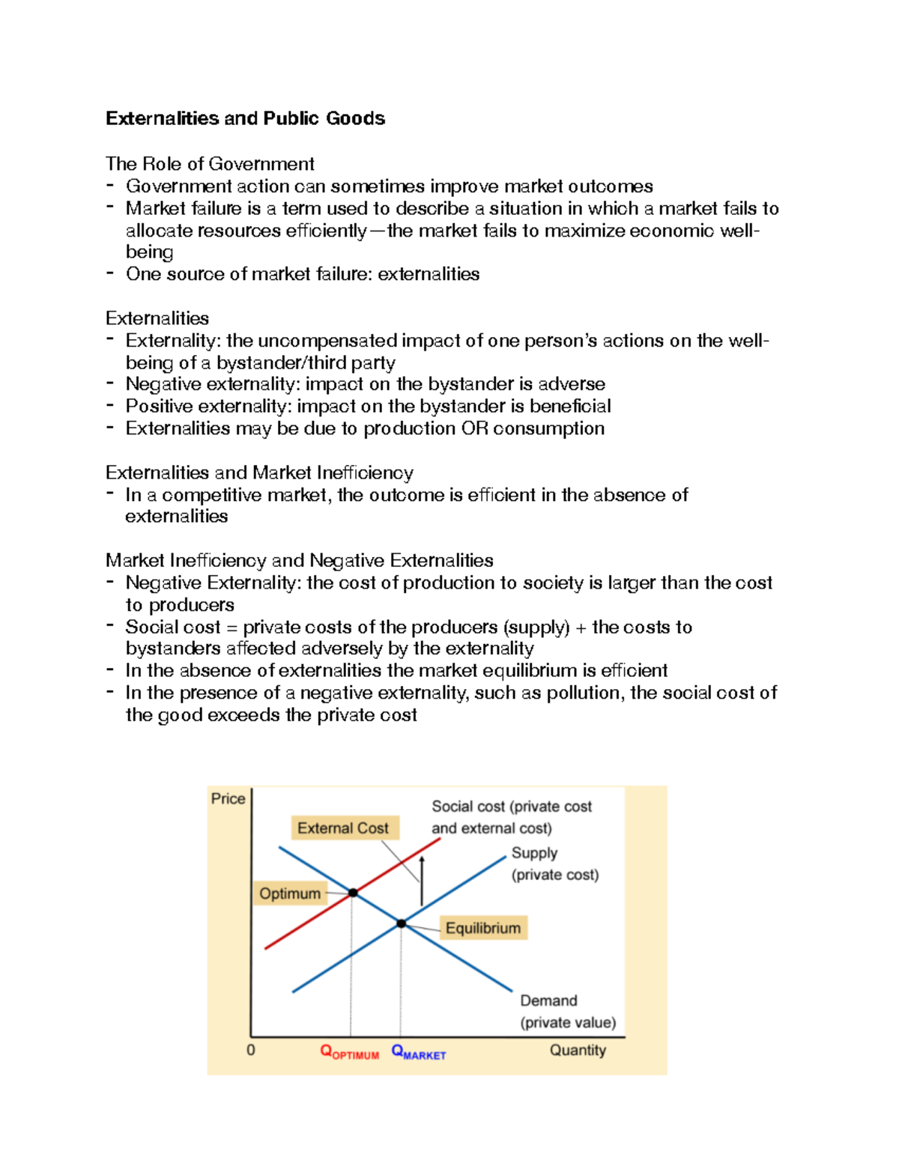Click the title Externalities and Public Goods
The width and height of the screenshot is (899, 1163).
pos(245,118)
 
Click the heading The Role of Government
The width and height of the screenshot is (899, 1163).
pos(210,164)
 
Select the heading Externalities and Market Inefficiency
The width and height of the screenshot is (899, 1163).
pos(259,473)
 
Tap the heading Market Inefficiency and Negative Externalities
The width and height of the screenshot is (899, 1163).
pos(299,560)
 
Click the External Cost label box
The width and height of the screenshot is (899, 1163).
pos(343,828)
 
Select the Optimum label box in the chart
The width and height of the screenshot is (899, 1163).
pos(290,893)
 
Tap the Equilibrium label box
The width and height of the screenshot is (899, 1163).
pos(482,928)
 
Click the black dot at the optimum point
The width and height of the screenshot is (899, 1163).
pos(353,893)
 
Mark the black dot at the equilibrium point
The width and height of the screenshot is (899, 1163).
pos(401,924)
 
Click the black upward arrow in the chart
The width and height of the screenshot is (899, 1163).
pos(421,882)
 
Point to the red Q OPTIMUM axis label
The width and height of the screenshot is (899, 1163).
pos(349,1052)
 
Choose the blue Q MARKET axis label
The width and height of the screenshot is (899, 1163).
pos(418,1052)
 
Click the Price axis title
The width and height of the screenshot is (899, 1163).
pos(228,799)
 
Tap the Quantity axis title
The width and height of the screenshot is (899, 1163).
pos(578,1050)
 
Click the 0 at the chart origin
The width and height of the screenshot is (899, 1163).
pos(251,1050)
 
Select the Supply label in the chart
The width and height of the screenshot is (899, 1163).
pos(534,853)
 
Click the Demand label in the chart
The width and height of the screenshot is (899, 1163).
pos(548,1000)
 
